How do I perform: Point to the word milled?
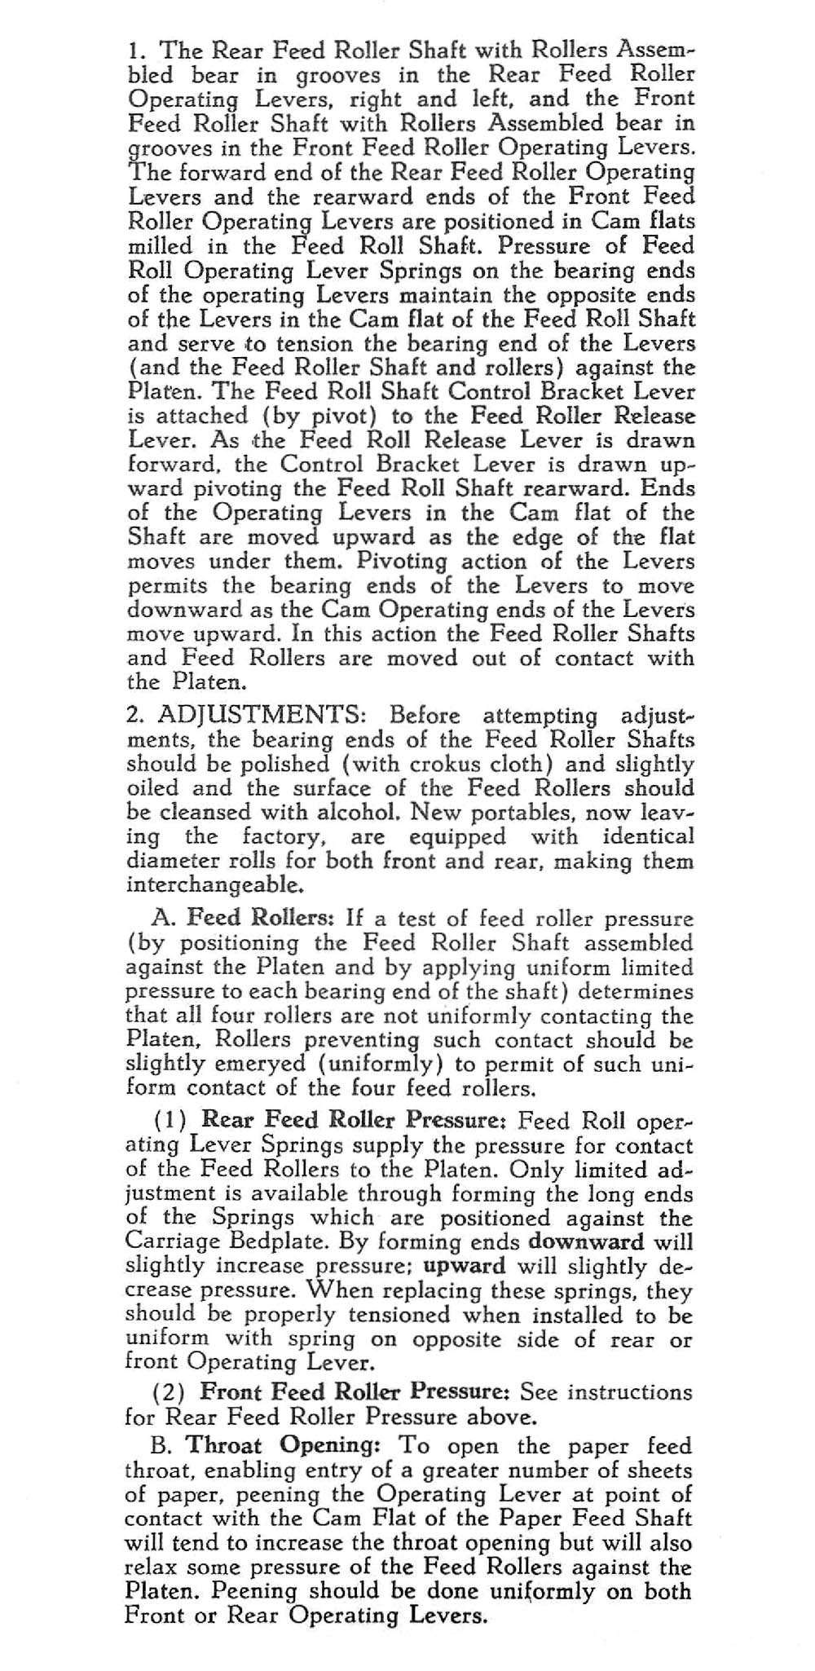160,245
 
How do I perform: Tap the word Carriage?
170,1243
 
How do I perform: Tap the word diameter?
170,862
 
